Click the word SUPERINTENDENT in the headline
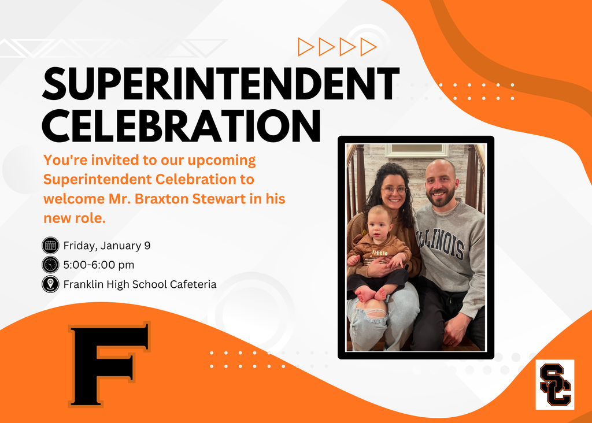tap(221, 85)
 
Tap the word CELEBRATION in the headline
tap(182, 124)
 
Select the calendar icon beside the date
tap(51, 246)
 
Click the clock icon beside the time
tap(51, 265)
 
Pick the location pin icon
tap(51, 284)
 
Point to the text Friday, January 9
tap(107, 246)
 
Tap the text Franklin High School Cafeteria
tap(140, 284)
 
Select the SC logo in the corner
tap(555, 385)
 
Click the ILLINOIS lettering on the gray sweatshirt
tap(442, 242)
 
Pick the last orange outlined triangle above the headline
tap(368, 46)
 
